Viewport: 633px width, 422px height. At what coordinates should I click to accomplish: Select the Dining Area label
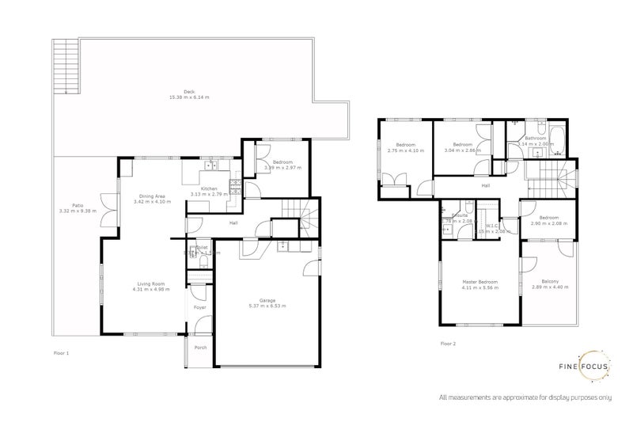[152, 196]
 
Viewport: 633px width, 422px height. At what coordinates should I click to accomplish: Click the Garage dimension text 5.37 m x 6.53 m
[267, 306]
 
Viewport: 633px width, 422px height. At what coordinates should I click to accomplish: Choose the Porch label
[200, 347]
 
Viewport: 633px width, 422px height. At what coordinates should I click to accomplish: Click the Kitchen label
[209, 188]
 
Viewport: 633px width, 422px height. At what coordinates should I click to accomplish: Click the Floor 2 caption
[448, 343]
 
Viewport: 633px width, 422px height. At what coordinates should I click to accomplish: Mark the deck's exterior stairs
[61, 67]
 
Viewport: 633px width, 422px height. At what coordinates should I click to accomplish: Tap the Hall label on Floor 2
[485, 186]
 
